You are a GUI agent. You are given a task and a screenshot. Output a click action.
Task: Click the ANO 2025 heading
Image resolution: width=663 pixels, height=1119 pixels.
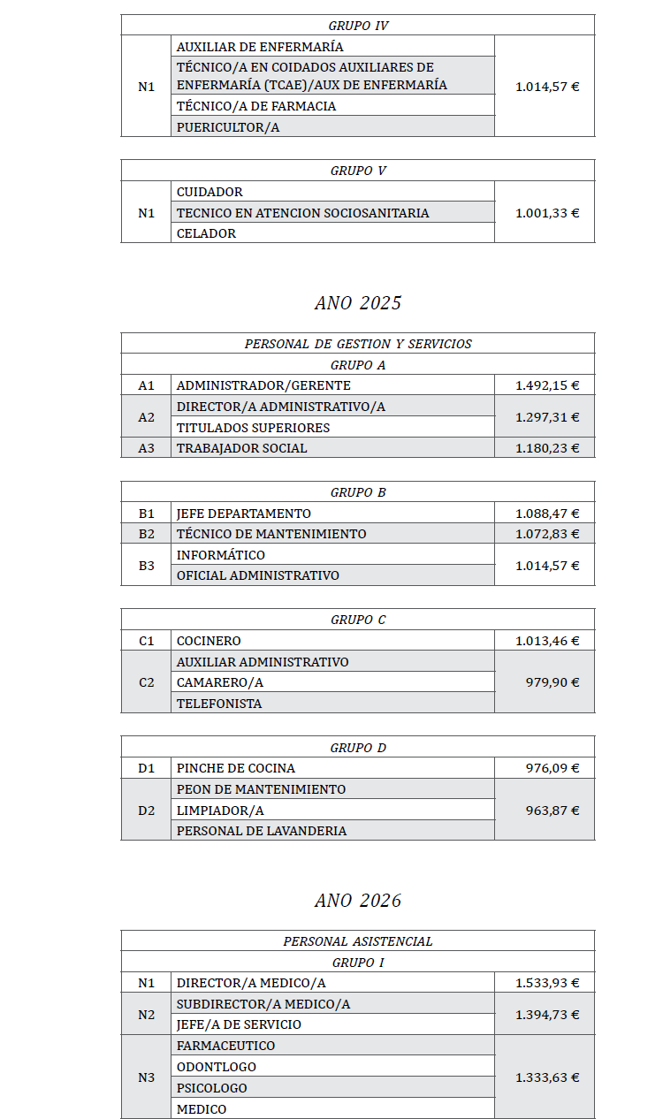[x=357, y=303]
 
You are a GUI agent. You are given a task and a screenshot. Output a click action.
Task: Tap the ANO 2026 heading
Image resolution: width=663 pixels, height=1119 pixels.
[x=357, y=901]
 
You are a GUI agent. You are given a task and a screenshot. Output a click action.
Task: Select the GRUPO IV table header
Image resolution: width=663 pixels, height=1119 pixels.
[x=358, y=26]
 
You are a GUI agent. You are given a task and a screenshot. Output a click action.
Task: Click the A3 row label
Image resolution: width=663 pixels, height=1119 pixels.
[x=146, y=448]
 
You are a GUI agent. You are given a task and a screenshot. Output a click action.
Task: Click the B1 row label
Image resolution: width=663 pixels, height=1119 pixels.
[x=146, y=514]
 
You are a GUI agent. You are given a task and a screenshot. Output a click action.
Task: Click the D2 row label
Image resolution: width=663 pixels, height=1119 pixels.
[x=146, y=811]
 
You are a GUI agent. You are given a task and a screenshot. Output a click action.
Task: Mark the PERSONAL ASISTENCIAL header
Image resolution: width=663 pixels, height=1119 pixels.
[x=358, y=941]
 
